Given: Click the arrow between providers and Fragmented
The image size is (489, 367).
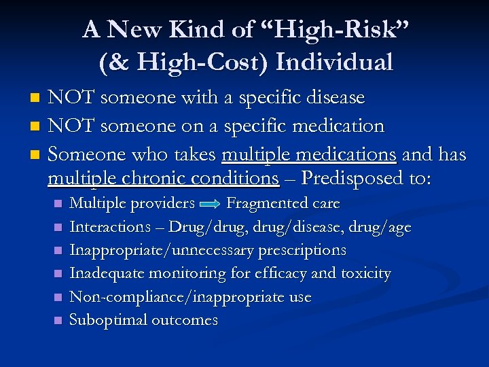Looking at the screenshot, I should (x=211, y=204).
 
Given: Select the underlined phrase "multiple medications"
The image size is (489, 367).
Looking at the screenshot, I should (x=309, y=155).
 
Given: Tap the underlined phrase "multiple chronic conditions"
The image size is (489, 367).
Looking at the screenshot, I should (x=163, y=179).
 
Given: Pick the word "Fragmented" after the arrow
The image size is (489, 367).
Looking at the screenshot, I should (x=267, y=203).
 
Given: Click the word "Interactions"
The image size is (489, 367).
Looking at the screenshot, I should (x=111, y=227).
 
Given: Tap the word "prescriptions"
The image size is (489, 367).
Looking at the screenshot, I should (x=301, y=250).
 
